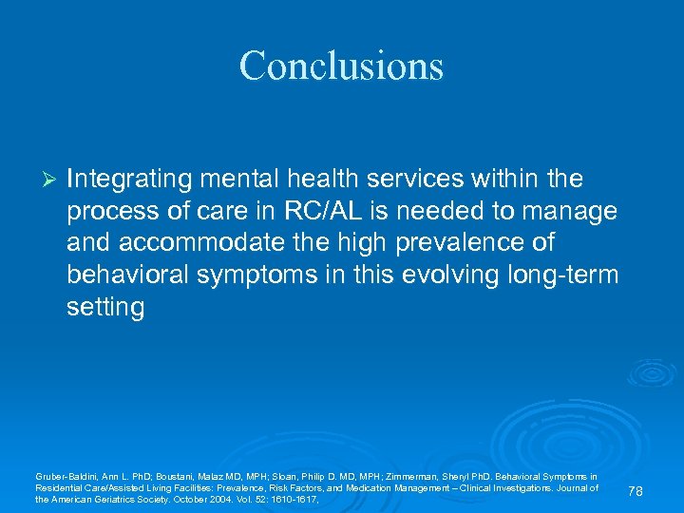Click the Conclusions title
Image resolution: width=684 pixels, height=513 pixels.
point(341,66)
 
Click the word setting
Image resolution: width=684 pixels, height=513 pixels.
point(105,308)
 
